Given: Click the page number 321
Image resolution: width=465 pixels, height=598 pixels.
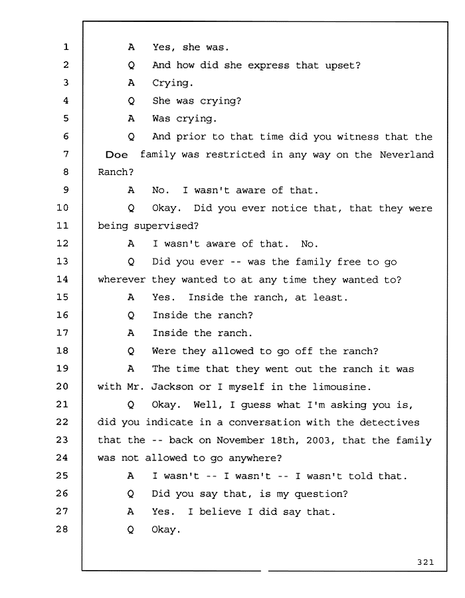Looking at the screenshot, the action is click(425, 561).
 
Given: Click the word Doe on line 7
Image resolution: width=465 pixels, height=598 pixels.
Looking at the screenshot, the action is click(116, 154).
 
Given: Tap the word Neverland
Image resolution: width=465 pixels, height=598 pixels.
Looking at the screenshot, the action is click(407, 154).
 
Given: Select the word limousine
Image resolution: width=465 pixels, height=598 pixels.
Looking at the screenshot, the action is click(341, 387).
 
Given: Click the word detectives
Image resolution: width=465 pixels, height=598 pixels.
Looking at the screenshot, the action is click(389, 422).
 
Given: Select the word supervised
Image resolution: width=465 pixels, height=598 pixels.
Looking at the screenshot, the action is click(166, 226).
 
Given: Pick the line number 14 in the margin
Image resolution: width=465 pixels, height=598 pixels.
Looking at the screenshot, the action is click(62, 279).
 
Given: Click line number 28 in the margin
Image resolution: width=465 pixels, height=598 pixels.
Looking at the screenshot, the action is click(62, 530).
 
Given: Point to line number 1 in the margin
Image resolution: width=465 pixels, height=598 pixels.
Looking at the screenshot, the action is click(66, 47).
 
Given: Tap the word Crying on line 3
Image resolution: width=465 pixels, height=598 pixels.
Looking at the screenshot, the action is click(172, 83).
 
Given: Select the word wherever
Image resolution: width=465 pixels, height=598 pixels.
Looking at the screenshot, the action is click(122, 280).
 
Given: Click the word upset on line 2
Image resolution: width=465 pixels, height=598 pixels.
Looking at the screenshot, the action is click(342, 66).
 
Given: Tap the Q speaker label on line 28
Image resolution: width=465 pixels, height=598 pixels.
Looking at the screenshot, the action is click(130, 530).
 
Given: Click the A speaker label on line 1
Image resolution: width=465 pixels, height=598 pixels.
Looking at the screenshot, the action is click(131, 47).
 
